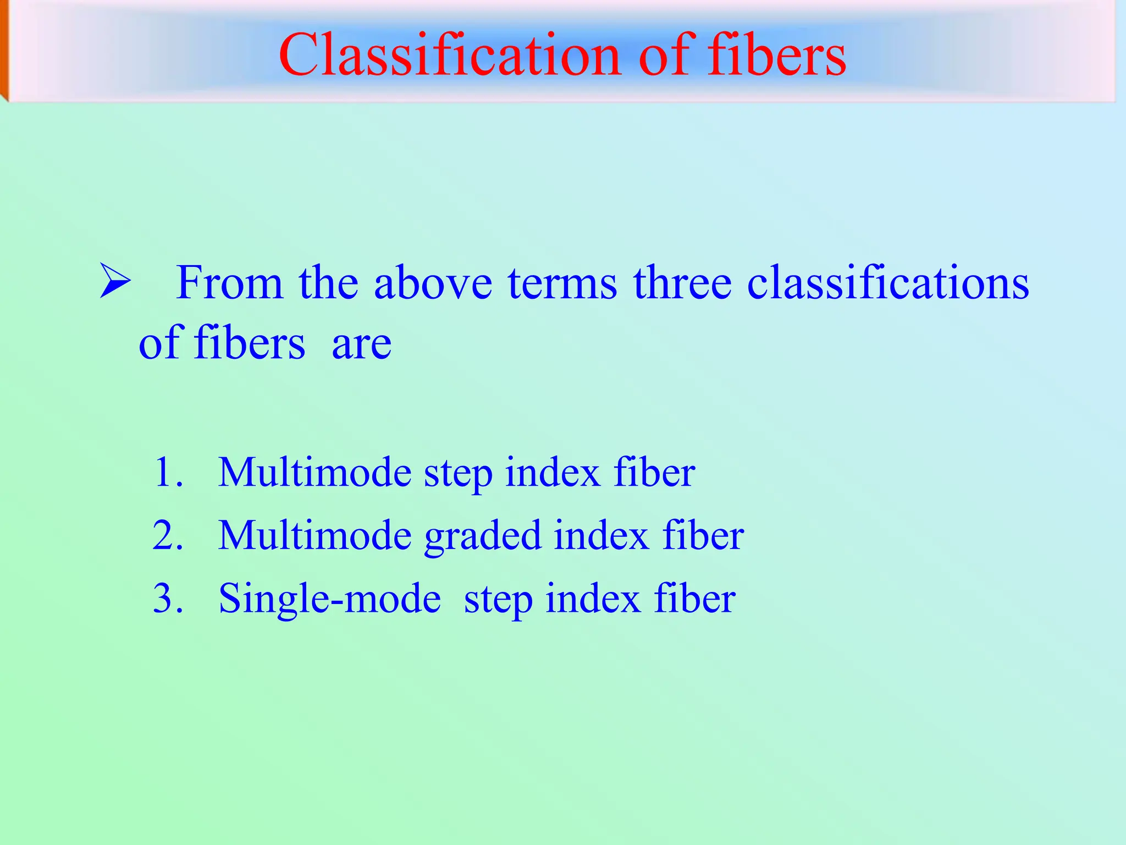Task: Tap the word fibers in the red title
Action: click(x=776, y=55)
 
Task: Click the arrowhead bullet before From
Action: click(x=115, y=281)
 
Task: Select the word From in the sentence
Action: click(x=229, y=283)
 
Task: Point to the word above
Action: click(x=433, y=283)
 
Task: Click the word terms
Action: click(x=562, y=284)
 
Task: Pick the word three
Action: click(x=682, y=283)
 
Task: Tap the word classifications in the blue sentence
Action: click(x=887, y=283)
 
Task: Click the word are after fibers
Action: click(x=361, y=344)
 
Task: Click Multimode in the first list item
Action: click(x=314, y=473)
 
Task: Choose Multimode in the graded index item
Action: click(x=314, y=535)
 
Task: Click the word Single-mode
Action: click(x=329, y=599)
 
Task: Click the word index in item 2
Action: click(x=601, y=535)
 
